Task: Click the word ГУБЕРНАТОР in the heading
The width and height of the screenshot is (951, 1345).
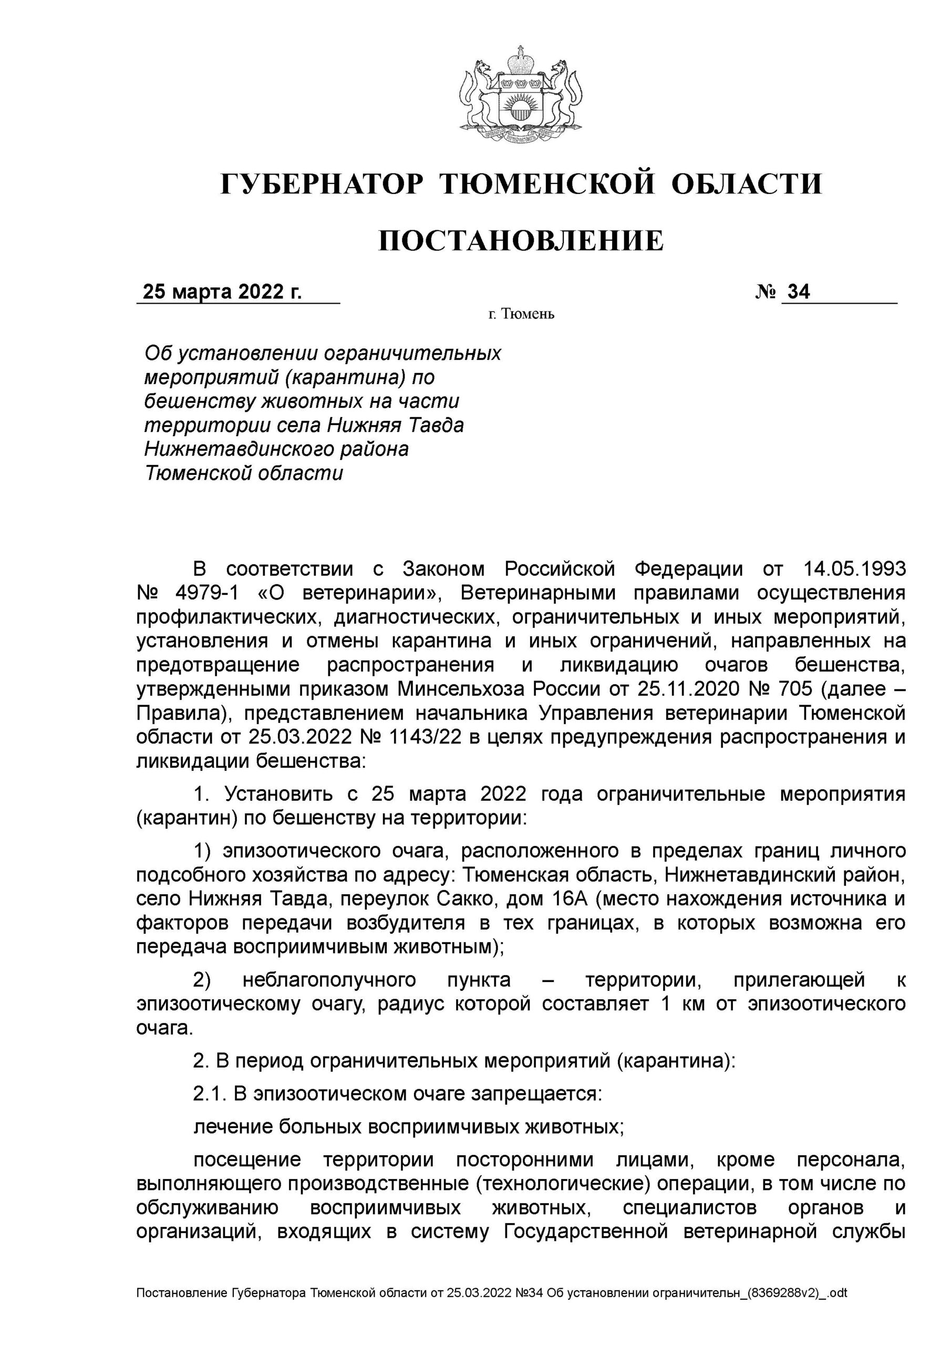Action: pyautogui.click(x=322, y=184)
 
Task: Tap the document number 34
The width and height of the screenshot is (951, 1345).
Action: pyautogui.click(x=799, y=292)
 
